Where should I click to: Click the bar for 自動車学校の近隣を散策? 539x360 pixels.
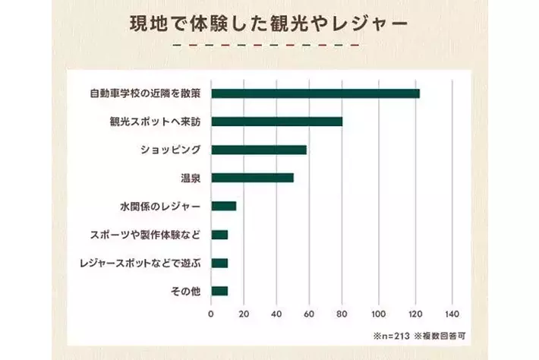(315, 93)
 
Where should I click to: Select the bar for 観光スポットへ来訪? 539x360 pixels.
(276, 122)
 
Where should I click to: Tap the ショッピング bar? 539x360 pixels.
(259, 150)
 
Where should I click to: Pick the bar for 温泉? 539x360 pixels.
(252, 178)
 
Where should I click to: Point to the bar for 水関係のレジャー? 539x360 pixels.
(224, 206)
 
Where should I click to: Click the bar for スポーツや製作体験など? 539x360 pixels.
(219, 234)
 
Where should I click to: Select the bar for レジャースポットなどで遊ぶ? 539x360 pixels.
(219, 263)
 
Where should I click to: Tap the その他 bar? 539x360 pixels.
(219, 291)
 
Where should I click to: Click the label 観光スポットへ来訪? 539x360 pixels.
(154, 122)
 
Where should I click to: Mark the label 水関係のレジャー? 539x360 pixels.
(160, 206)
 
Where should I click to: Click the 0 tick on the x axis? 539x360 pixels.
(211, 313)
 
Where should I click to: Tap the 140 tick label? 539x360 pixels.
(452, 313)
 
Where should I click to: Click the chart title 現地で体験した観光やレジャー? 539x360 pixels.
(269, 21)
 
